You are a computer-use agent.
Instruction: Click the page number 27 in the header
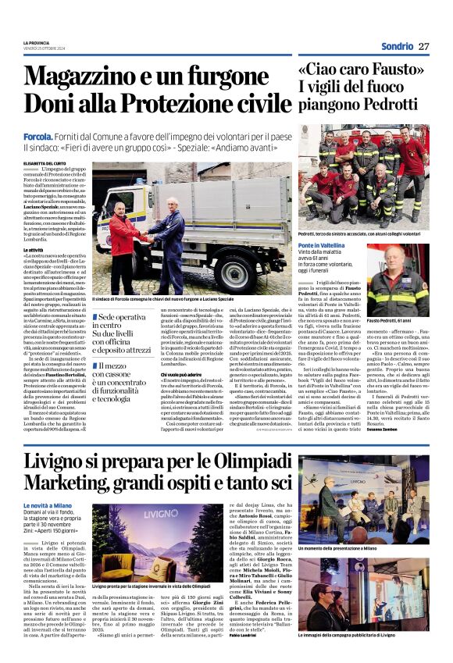pos(424,46)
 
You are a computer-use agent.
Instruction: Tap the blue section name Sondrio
pos(397,46)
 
